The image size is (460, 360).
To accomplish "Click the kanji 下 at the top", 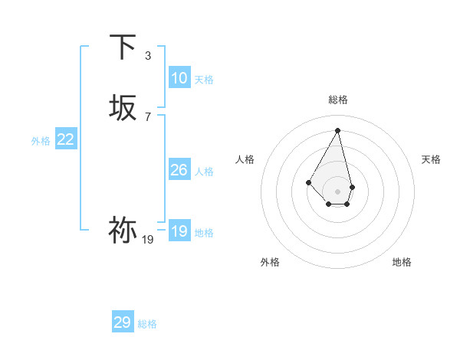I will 123,47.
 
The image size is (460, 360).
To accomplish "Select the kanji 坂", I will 123,107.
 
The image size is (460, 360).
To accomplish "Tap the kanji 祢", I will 123,230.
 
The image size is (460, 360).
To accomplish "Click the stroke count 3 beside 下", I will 148,55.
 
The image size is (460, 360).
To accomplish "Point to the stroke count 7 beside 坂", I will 148,116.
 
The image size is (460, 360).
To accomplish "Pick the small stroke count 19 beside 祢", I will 148,240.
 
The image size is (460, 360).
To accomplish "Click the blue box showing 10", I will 179,78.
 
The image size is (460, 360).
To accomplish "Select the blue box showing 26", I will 179,170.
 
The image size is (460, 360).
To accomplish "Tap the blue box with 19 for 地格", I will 179,231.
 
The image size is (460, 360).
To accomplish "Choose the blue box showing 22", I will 65,139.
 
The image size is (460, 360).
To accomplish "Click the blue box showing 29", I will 123,322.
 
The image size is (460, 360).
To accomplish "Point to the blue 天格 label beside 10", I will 204,80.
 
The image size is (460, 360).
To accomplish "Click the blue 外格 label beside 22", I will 41,141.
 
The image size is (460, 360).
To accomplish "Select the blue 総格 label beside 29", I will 147,324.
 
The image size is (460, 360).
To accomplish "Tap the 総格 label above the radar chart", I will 338,100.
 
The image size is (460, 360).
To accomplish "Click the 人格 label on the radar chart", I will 245,159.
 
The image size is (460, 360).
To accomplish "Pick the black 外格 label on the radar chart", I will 270,262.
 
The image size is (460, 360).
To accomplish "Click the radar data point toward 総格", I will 337,130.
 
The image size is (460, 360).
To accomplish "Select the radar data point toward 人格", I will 308,182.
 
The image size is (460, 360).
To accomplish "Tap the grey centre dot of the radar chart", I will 337,191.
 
